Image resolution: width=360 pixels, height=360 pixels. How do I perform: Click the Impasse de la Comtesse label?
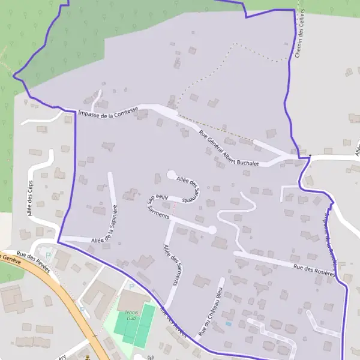[x=108, y=111]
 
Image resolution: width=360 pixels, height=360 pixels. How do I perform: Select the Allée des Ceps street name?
[x=28, y=197]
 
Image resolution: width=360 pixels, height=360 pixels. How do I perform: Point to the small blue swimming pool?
[x=227, y=324]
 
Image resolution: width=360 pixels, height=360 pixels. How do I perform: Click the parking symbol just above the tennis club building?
[x=131, y=287]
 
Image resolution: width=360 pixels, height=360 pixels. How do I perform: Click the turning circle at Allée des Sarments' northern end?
[x=171, y=175]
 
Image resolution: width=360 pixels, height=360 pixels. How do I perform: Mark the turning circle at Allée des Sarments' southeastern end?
[x=212, y=230]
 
